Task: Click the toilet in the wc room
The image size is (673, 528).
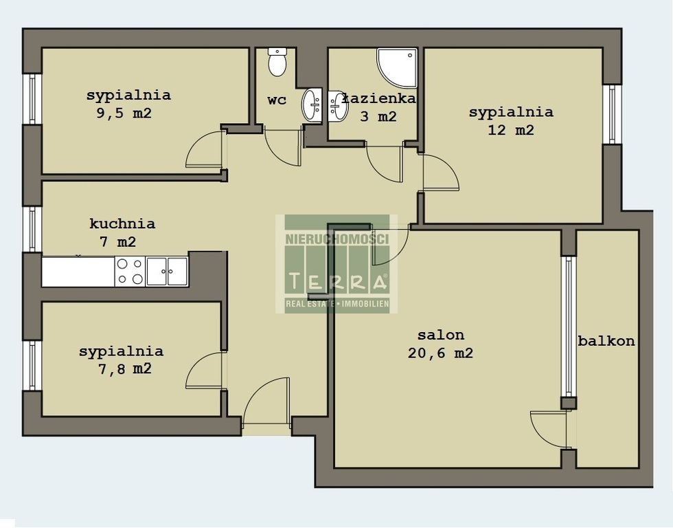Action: [x=277, y=62]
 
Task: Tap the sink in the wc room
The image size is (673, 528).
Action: [x=312, y=105]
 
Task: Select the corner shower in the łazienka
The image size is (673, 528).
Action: [x=397, y=67]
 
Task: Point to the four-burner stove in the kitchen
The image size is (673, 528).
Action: [x=130, y=272]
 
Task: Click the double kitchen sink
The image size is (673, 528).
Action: [x=167, y=272]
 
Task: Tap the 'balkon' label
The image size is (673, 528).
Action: [x=606, y=341]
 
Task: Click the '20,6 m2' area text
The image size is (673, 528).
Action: [x=440, y=353]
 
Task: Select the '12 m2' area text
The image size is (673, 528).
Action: [x=511, y=130]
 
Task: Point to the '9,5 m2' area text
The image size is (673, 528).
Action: [x=124, y=113]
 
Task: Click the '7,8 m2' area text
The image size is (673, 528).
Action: [x=125, y=368]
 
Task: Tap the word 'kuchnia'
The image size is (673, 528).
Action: [x=122, y=223]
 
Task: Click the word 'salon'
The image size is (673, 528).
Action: [x=441, y=335]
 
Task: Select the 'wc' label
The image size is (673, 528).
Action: [x=277, y=100]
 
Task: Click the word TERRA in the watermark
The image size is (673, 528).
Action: [x=338, y=281]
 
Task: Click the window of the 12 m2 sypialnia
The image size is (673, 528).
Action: [x=612, y=114]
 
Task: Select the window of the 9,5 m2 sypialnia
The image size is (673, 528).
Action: [x=32, y=99]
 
